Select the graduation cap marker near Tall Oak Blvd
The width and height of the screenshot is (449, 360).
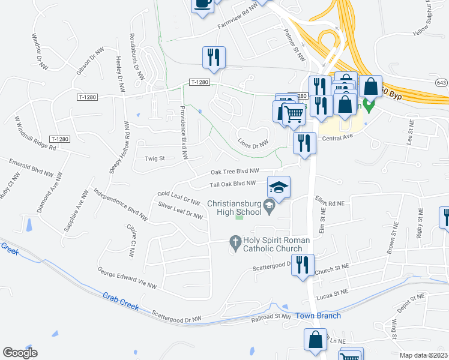[x=279, y=188]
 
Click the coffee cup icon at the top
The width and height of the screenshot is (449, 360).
[x=202, y=4]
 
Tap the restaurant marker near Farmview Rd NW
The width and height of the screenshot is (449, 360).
[x=214, y=58]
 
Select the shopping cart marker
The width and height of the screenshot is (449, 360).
[x=293, y=113]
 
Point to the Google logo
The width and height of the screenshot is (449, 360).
[x=20, y=353]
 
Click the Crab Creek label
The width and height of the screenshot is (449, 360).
[x=121, y=302]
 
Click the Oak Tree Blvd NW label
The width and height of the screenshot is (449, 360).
[x=235, y=170]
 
